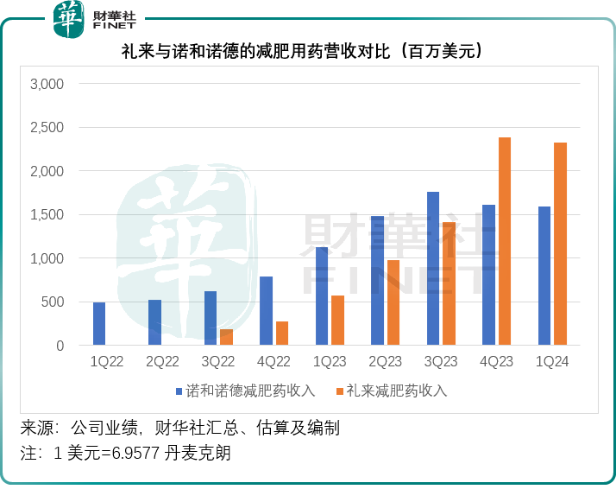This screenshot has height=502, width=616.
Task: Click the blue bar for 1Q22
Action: [x=99, y=324]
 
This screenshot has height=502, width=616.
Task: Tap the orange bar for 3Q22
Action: [x=226, y=337]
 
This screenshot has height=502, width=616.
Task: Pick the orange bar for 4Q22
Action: [x=282, y=334]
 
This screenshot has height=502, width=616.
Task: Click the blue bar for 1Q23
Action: [x=322, y=296]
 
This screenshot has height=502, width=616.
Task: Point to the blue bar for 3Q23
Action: [x=433, y=269]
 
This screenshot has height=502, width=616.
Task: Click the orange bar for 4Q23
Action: [x=505, y=241]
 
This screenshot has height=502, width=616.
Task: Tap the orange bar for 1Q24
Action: [x=560, y=244]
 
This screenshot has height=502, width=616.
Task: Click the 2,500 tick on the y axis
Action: [x=47, y=128]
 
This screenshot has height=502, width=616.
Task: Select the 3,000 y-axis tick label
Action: [x=47, y=85]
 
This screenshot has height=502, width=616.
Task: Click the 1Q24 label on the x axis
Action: [x=552, y=361]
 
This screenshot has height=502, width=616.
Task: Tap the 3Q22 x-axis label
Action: [x=218, y=361]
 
